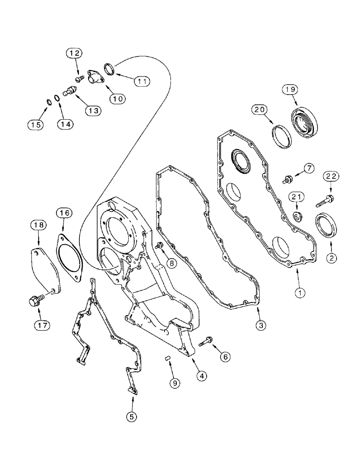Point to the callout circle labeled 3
click(260, 325)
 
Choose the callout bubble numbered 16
click(65, 213)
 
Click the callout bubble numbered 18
click(40, 225)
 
